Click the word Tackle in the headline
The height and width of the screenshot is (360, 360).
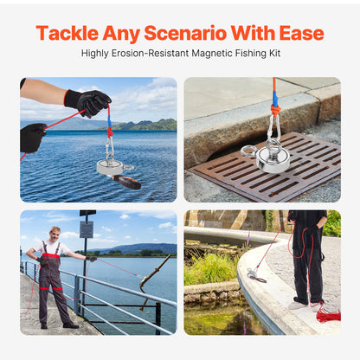(67, 33)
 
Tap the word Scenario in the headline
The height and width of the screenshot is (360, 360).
(185, 33)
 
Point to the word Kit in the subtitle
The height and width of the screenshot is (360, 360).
(274, 53)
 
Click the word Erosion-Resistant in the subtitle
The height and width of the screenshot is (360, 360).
(150, 53)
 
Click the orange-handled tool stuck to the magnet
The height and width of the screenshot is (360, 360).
(127, 182)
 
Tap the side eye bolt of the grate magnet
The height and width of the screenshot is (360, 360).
(248, 151)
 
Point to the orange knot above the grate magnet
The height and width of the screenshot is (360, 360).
(275, 111)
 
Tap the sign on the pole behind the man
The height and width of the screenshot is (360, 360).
(87, 229)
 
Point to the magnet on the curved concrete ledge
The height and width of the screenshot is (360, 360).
(255, 273)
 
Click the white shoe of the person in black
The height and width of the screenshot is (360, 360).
(297, 305)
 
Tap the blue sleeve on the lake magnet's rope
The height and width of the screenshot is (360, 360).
(109, 123)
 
